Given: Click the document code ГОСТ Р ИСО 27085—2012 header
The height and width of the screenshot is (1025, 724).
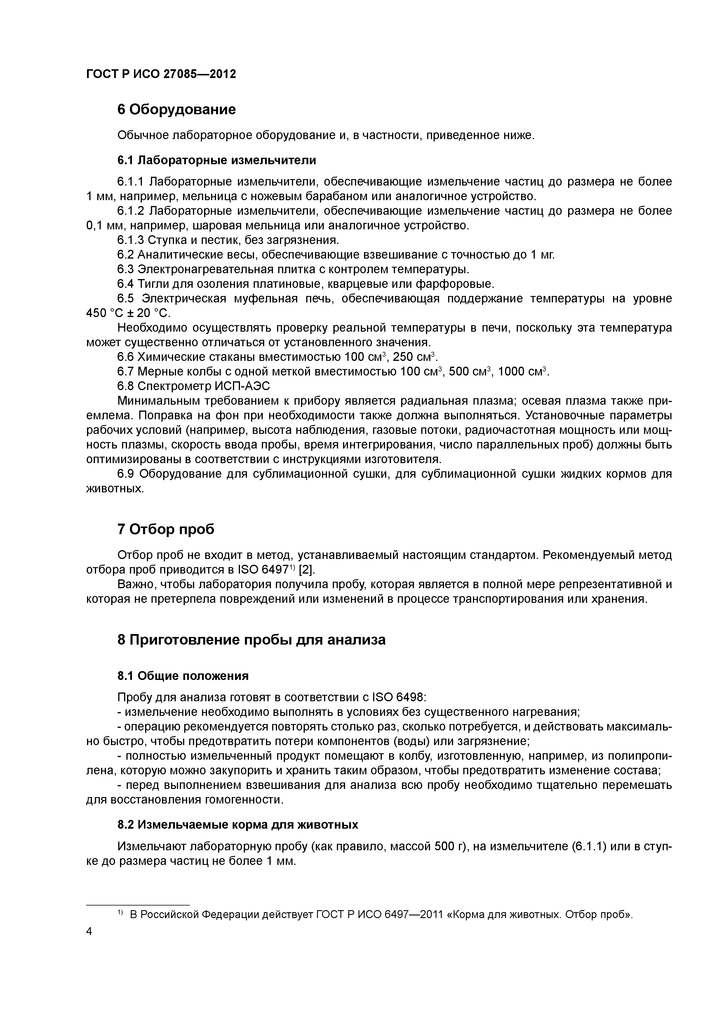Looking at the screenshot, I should (x=161, y=74).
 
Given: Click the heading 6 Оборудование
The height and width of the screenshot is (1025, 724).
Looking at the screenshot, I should (x=176, y=109).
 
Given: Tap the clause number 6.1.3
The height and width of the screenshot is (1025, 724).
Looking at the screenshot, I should (x=130, y=240).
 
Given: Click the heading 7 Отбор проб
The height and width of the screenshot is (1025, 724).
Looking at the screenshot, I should (x=166, y=529).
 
